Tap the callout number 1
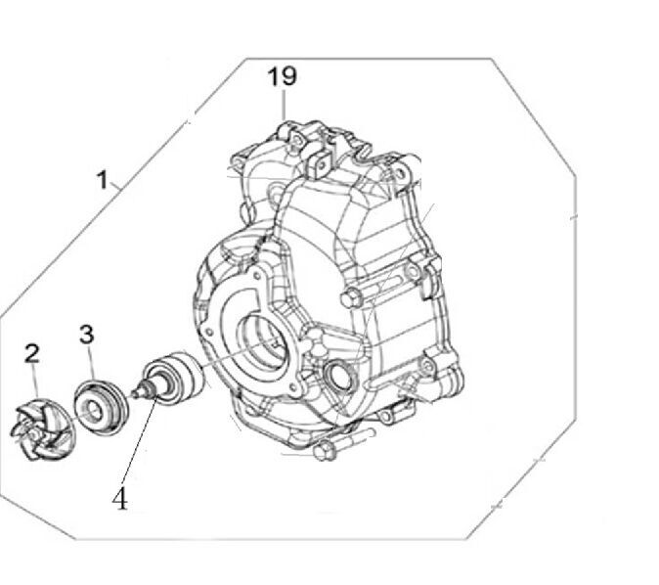coord(101,180)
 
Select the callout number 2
coord(32,352)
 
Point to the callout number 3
coord(87,335)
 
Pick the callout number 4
coord(119,499)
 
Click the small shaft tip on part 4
coord(142,396)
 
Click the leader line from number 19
coord(283,103)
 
